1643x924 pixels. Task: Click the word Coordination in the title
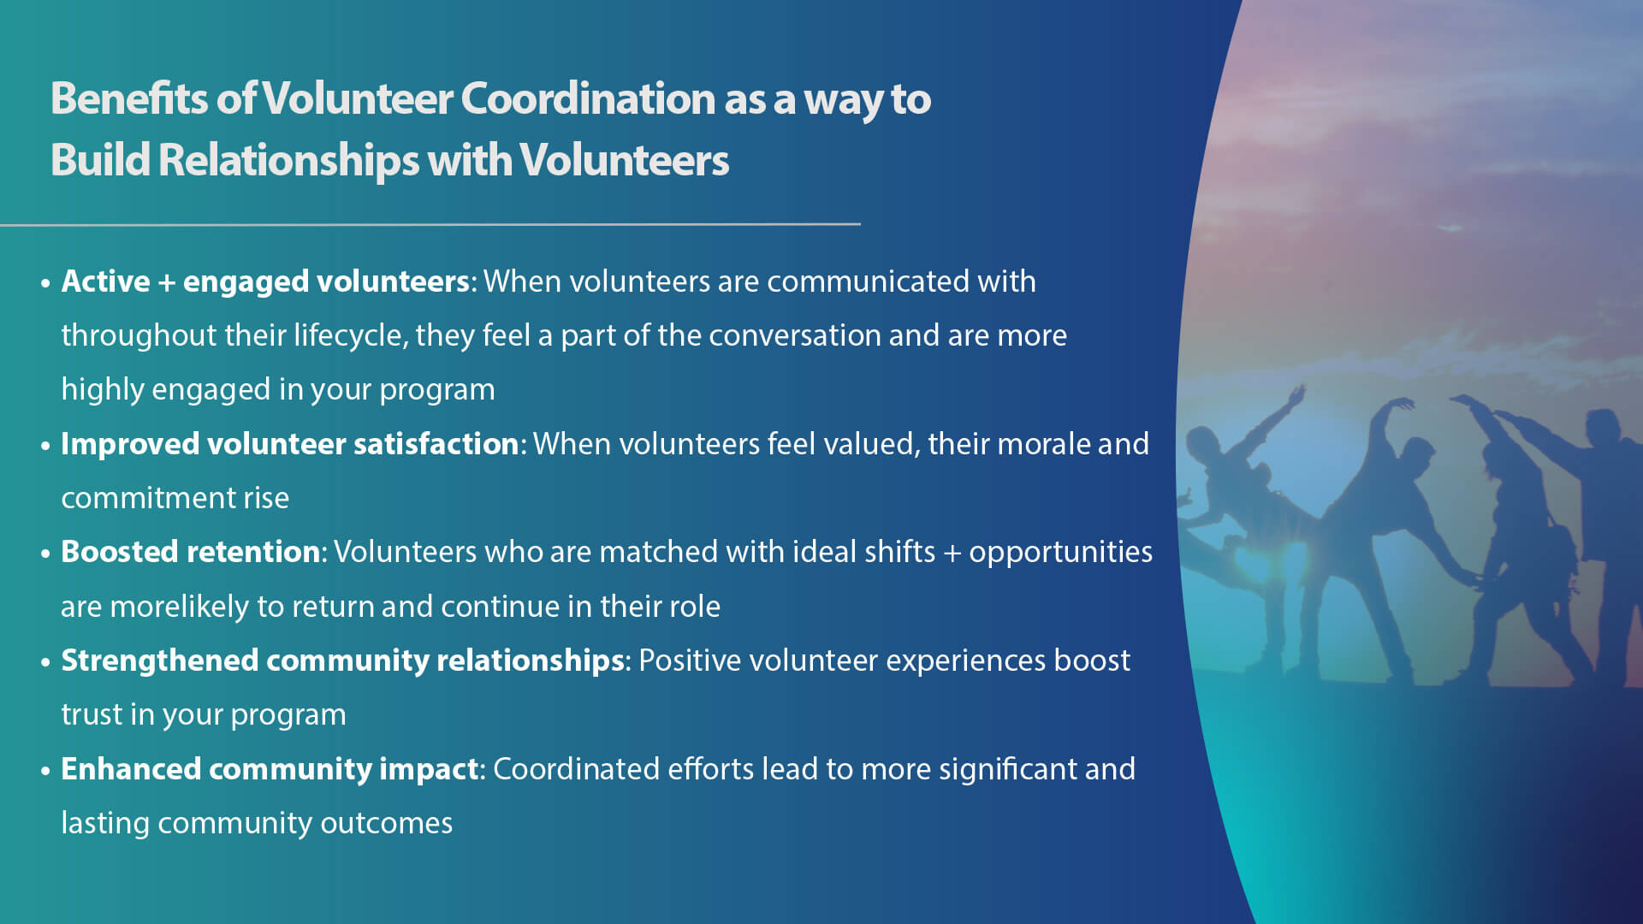[x=588, y=99]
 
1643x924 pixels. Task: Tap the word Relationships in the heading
[x=288, y=161]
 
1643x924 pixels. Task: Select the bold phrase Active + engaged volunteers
[x=265, y=281]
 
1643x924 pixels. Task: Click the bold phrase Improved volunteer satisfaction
[x=290, y=444]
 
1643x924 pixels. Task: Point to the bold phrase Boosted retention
[x=191, y=552]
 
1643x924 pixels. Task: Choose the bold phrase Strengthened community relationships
[x=342, y=660]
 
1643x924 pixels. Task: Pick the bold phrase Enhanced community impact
[x=270, y=769]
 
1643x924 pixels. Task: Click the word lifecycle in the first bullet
[x=350, y=335]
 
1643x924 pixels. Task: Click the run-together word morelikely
[x=179, y=607]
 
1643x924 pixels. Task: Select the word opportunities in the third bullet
[x=1060, y=552]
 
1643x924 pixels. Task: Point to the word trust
[x=92, y=714]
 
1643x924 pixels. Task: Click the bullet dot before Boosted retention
[x=45, y=554]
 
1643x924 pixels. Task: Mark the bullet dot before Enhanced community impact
[x=45, y=771]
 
